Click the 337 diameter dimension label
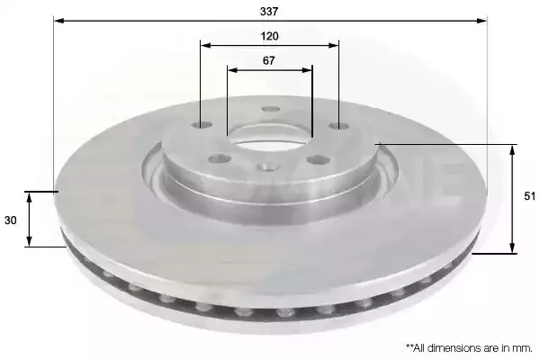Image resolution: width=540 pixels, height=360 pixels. (x=269, y=12)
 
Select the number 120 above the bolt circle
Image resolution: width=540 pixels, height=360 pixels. (x=269, y=36)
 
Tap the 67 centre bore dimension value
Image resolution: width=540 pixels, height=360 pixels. (x=268, y=60)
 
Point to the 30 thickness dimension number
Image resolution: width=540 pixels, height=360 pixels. (x=10, y=220)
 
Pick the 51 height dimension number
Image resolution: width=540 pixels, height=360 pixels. (x=530, y=196)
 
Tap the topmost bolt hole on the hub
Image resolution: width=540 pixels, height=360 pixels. (x=271, y=109)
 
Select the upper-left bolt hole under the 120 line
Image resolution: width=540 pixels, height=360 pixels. (x=202, y=124)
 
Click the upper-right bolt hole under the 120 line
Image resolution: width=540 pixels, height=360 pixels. (x=339, y=126)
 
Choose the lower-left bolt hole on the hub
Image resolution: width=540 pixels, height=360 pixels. (x=220, y=158)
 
